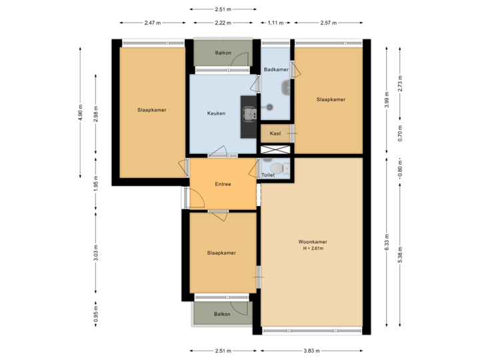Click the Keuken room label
[216, 113]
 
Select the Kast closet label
[275, 133]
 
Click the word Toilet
[268, 175]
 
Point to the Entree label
[223, 184]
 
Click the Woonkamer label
[312, 241]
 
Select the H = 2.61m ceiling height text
[312, 249]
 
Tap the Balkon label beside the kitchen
[223, 52]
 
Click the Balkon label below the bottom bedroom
[222, 314]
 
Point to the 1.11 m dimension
[275, 23]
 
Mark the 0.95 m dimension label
[96, 313]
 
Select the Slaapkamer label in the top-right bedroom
[331, 99]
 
